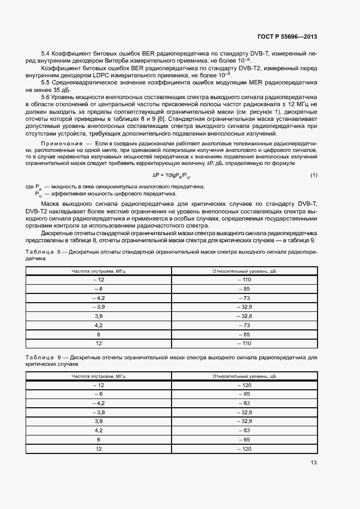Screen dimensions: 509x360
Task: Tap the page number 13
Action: (314, 462)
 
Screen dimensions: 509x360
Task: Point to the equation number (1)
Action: (314, 175)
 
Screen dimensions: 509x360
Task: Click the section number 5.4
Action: (46, 54)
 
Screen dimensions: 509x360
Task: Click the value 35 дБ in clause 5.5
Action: (64, 89)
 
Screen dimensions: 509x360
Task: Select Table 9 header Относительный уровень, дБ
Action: (244, 376)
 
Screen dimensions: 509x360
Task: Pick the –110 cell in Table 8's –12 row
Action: (244, 279)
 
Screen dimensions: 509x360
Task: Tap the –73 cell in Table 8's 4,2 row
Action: (244, 325)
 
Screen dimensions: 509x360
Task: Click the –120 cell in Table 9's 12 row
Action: (244, 449)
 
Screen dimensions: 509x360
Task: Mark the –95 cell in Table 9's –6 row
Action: (244, 394)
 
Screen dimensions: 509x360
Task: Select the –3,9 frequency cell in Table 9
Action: (99, 412)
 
